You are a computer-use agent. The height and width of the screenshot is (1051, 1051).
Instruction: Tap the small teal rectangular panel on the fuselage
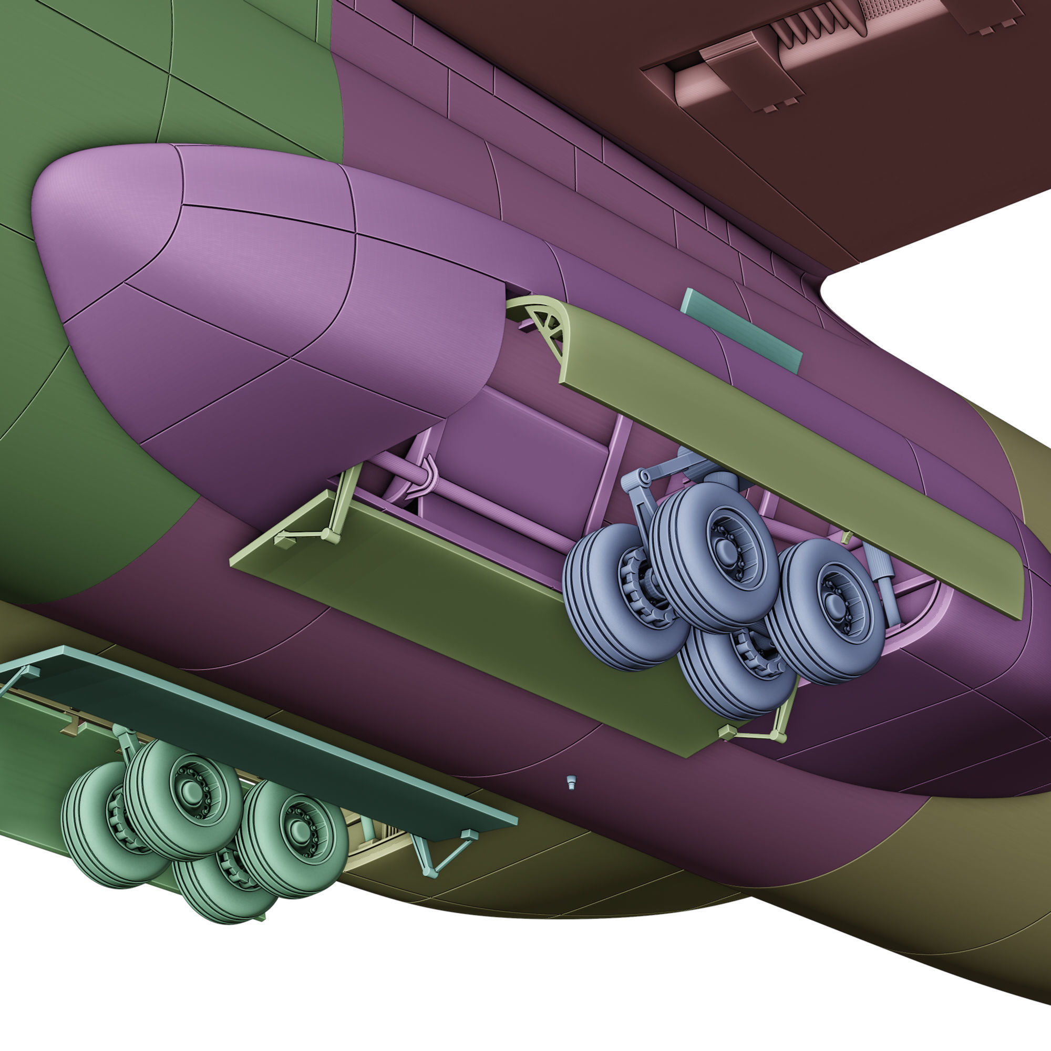click(741, 330)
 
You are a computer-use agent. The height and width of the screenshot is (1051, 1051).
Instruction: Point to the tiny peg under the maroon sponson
click(571, 782)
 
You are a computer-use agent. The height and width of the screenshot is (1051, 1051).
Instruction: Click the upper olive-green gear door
click(789, 462)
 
